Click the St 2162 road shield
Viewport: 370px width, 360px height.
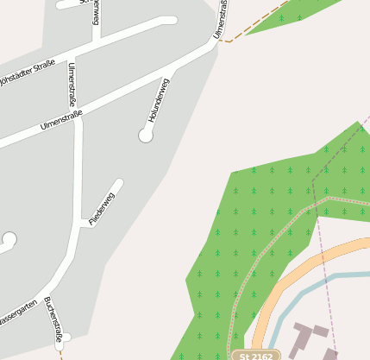256,355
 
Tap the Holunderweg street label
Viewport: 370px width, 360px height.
160,99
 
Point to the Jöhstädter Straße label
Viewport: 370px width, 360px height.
26,69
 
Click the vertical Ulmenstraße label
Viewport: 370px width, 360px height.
72,82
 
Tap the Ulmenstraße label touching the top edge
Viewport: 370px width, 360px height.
222,19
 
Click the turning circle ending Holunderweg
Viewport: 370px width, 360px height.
146,135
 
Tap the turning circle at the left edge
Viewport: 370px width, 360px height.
9,239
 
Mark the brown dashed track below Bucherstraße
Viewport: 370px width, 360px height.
60,352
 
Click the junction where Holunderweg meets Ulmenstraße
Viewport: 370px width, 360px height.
178,65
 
